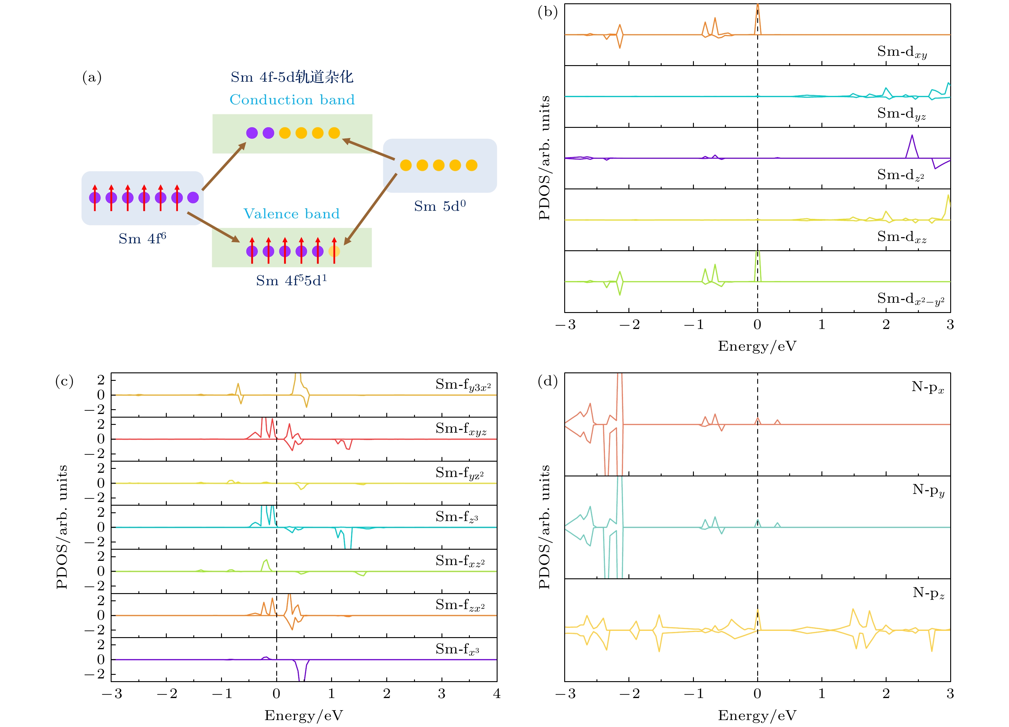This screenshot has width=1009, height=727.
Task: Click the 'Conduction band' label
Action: tap(292, 100)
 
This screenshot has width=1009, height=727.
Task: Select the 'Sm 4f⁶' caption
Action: tap(142, 239)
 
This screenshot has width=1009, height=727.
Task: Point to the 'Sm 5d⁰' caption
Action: tap(440, 206)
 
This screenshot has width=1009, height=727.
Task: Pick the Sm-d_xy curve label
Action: tap(902, 52)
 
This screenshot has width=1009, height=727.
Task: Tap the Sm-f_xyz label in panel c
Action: tap(461, 429)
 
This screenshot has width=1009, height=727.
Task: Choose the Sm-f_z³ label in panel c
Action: tap(457, 517)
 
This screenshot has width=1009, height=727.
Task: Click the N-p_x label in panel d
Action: tap(928, 387)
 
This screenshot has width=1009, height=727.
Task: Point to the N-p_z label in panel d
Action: tap(928, 593)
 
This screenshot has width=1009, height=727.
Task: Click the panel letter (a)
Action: tap(92, 77)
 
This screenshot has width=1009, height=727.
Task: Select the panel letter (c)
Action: tap(65, 381)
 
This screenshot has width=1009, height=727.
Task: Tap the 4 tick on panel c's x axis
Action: tap(496, 694)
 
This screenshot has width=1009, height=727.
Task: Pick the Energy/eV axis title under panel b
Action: tap(757, 346)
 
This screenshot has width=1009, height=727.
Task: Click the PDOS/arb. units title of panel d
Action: tap(545, 527)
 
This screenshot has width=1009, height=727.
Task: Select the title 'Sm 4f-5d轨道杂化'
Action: tap(292, 77)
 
